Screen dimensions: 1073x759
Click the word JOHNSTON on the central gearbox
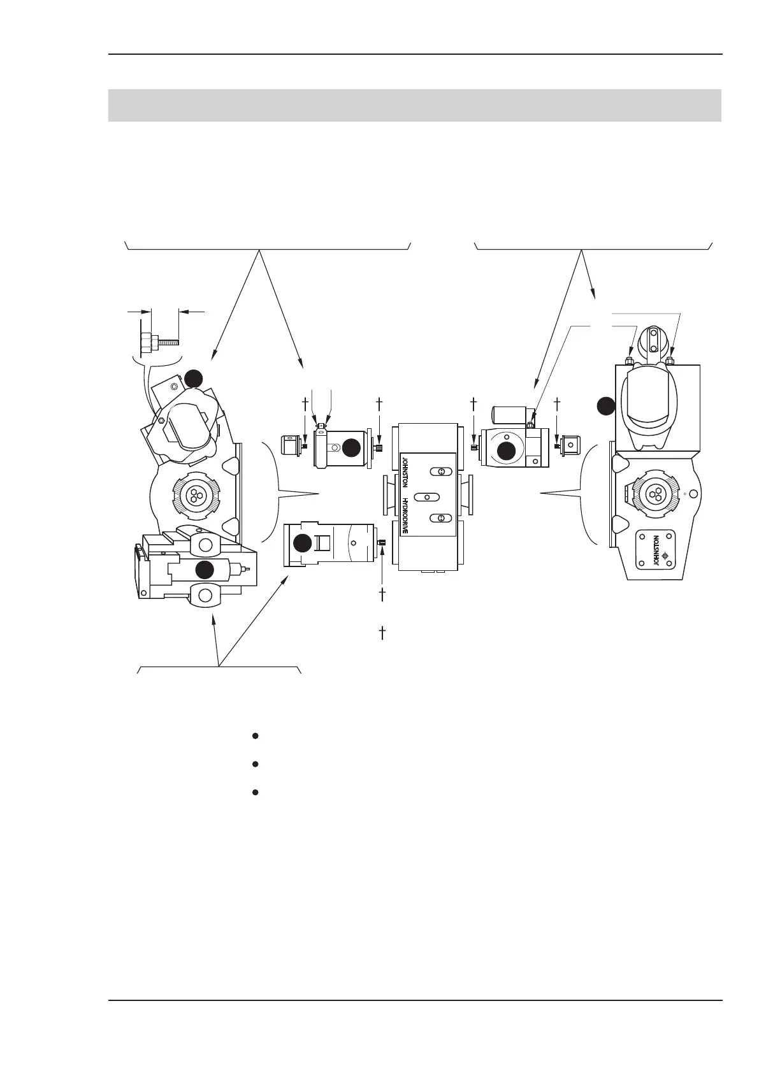403,472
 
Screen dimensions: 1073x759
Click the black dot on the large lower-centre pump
303,543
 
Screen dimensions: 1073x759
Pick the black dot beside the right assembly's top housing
606,405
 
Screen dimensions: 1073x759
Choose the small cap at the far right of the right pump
570,445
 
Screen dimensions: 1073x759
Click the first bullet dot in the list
255,736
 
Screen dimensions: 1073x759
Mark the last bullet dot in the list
255,793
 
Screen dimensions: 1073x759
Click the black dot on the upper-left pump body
351,448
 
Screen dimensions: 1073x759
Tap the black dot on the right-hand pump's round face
507,450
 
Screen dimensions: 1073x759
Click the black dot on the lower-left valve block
205,570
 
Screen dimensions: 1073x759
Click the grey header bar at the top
414,105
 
